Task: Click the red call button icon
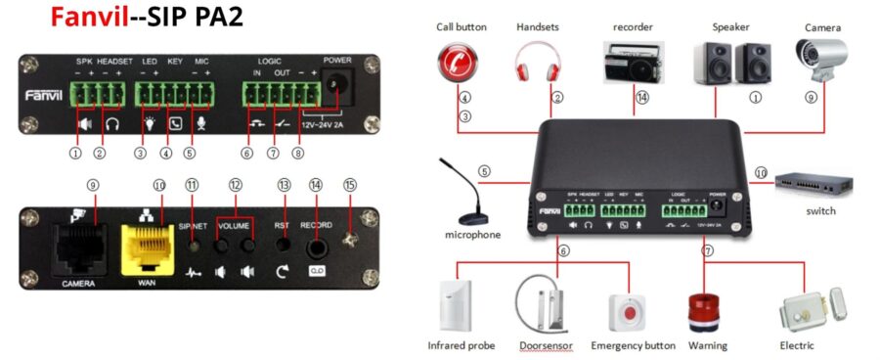[462, 65]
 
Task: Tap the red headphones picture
[538, 65]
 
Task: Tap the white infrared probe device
[462, 306]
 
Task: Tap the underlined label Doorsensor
[544, 345]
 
